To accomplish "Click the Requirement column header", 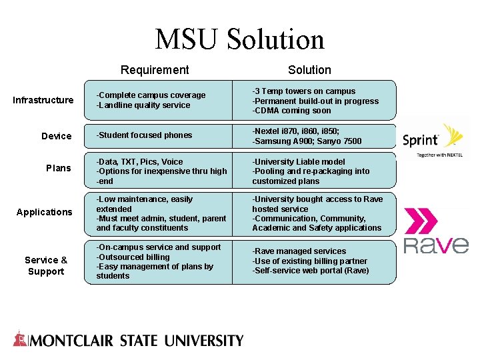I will (155, 70).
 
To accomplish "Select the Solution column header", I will (309, 70).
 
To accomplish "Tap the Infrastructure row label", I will (43, 100).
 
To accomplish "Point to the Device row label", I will (56, 136).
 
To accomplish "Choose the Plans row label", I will (58, 168).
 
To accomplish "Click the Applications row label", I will (44, 212).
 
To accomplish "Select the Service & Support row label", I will (46, 265).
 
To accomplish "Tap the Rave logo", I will (436, 231).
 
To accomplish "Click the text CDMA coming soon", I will (291, 111).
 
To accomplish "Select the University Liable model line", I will (299, 162).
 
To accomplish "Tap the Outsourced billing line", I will (133, 257).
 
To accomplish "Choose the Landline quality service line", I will (143, 105).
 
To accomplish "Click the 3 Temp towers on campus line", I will (304, 91).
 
